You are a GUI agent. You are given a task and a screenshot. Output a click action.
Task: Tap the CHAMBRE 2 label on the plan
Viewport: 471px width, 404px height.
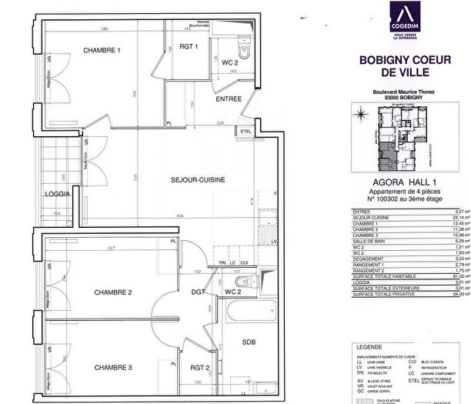tap(114, 292)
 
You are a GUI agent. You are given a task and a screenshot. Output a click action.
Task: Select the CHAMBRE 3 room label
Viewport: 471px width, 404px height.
tap(114, 366)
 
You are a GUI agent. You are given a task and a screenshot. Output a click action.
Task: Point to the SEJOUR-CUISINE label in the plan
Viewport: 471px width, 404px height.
tap(198, 179)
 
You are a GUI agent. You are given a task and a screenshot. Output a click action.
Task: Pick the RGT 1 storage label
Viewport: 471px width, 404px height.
tap(189, 47)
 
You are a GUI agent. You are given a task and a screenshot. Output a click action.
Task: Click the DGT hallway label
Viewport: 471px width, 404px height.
tap(198, 292)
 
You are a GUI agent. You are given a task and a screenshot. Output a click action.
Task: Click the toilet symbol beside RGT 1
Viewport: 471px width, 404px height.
tap(244, 52)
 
